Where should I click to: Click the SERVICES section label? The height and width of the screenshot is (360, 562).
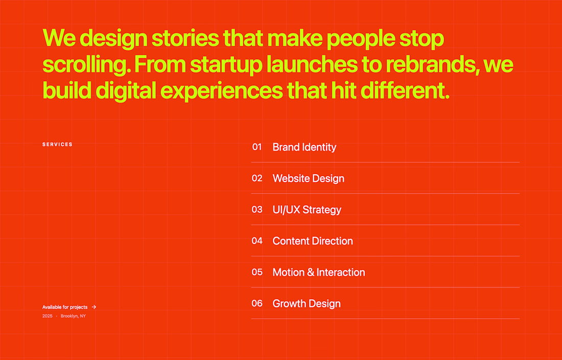point(57,145)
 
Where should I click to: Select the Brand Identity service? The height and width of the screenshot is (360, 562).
point(305,147)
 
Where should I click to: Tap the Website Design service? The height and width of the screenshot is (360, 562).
point(308,178)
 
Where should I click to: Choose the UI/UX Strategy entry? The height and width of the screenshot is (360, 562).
point(307,209)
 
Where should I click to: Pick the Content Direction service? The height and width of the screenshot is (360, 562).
point(313,241)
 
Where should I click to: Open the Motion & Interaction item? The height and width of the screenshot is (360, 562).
point(319,272)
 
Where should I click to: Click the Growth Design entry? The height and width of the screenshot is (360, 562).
point(307,304)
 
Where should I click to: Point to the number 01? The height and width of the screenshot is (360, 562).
point(257,147)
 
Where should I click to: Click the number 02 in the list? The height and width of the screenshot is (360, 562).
point(257,178)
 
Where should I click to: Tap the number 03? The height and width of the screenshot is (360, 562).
point(257,209)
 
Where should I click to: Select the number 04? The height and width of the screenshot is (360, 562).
point(257,241)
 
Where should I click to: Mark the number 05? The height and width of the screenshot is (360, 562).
point(257,272)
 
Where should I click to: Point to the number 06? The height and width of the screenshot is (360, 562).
point(257,303)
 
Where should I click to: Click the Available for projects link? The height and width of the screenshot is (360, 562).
point(65,307)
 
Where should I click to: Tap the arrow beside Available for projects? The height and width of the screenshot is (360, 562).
point(94,307)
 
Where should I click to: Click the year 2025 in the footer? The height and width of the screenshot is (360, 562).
point(48,316)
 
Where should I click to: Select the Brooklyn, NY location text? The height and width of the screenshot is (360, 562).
point(73,316)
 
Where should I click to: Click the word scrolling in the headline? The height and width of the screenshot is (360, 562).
point(86,64)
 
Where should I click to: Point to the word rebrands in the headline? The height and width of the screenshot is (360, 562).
point(432,64)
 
